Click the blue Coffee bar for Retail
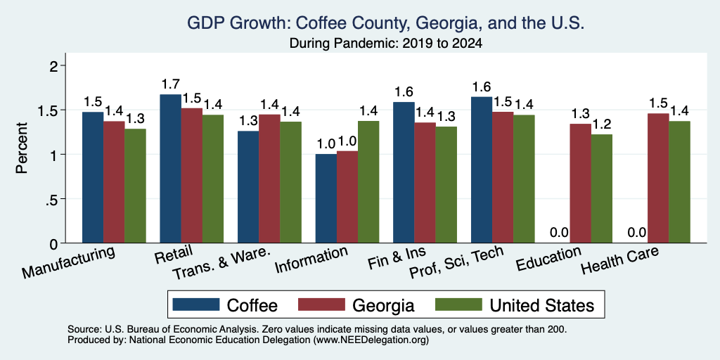(170, 169)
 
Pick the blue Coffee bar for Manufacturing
(93, 177)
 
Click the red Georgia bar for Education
(580, 184)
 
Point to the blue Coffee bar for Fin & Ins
(404, 172)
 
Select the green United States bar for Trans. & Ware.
(290, 182)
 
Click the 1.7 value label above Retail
(170, 84)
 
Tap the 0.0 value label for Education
(559, 232)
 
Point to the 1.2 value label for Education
(602, 124)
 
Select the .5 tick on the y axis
(55, 199)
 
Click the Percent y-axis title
(21, 148)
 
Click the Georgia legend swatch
(321, 304)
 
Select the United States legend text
(542, 305)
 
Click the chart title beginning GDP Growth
(386, 23)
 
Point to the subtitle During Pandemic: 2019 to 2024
(386, 44)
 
